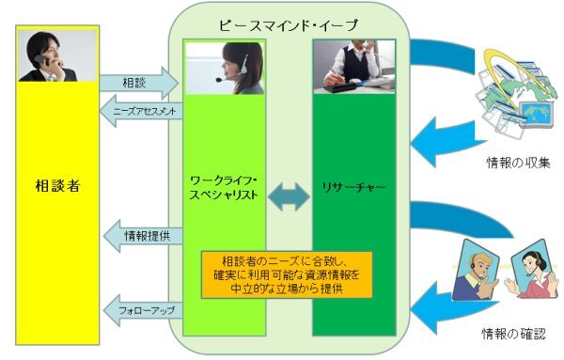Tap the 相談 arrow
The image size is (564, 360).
(136, 83)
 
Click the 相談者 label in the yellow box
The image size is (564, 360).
(55, 185)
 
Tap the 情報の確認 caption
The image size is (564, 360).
(512, 334)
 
